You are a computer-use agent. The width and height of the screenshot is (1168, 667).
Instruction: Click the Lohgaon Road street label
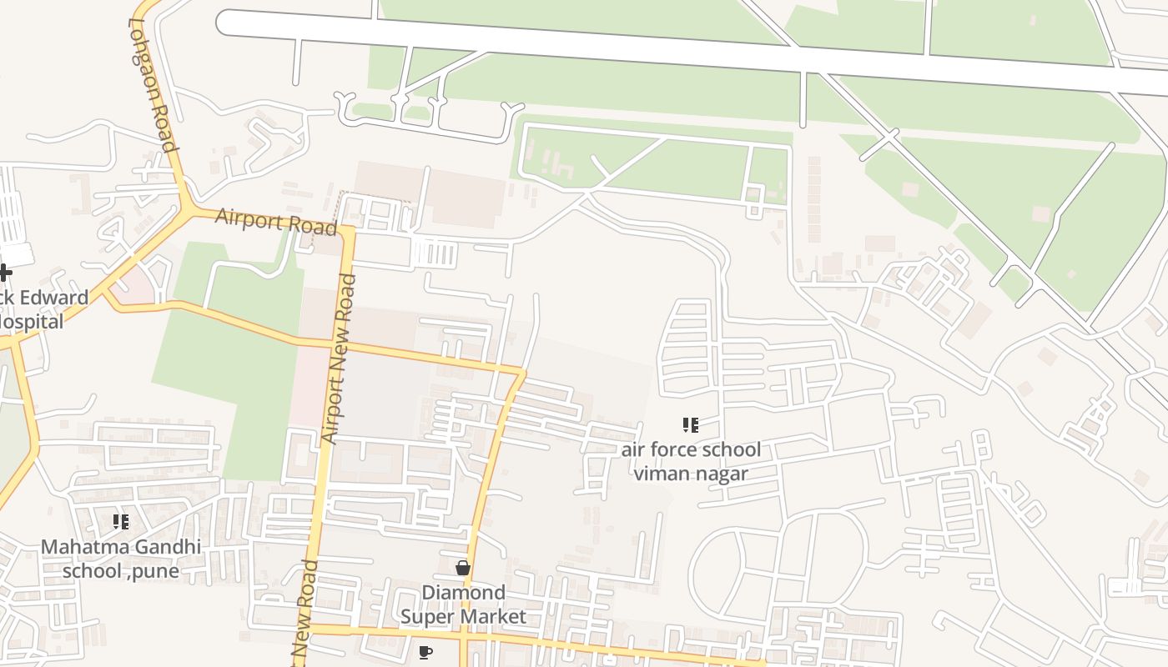coord(154,85)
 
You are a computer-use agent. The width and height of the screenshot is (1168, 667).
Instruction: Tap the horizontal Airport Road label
coord(275,222)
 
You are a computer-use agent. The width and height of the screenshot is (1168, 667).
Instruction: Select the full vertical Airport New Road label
coord(340,359)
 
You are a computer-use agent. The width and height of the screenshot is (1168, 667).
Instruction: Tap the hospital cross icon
coord(5,272)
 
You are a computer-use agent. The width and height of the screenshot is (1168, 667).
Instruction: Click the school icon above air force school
coord(690,426)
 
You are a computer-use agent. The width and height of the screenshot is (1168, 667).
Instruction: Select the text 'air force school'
coord(691,450)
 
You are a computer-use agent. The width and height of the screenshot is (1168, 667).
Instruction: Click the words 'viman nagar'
coord(691,474)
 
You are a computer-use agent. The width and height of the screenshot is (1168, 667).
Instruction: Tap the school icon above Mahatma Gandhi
coord(121,522)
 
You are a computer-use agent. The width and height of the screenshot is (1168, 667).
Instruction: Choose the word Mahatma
coord(83,547)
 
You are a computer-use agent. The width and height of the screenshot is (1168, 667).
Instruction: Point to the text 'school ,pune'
coord(121,571)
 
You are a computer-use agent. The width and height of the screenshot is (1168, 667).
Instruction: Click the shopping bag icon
coord(463,568)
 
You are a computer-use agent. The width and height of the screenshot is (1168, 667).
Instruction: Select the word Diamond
coord(463,593)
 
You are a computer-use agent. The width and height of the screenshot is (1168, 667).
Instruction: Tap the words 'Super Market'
coord(463,617)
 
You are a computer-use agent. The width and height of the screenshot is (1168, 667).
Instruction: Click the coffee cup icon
coord(425,652)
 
